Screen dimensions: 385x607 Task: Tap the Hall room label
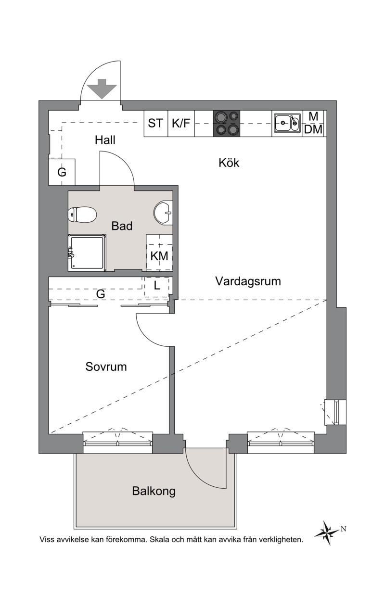point(105,140)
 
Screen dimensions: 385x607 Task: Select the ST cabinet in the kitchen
point(155,123)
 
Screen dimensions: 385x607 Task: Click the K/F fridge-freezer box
point(181,123)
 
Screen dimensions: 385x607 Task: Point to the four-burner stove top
point(227,123)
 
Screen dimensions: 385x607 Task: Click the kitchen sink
point(287,123)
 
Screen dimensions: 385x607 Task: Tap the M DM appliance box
point(313,123)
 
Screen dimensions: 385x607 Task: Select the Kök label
point(229,163)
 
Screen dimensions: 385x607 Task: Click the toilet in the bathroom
point(82,215)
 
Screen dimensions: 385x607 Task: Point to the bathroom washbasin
point(163,213)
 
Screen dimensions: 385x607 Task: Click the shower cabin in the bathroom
point(87,253)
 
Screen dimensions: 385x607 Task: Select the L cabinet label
point(157,285)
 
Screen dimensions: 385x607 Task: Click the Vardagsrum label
point(248,281)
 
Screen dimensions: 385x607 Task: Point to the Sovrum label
point(106,367)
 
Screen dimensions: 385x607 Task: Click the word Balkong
point(154,491)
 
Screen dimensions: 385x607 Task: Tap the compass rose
point(327,532)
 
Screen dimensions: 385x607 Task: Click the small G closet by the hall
point(62,172)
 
